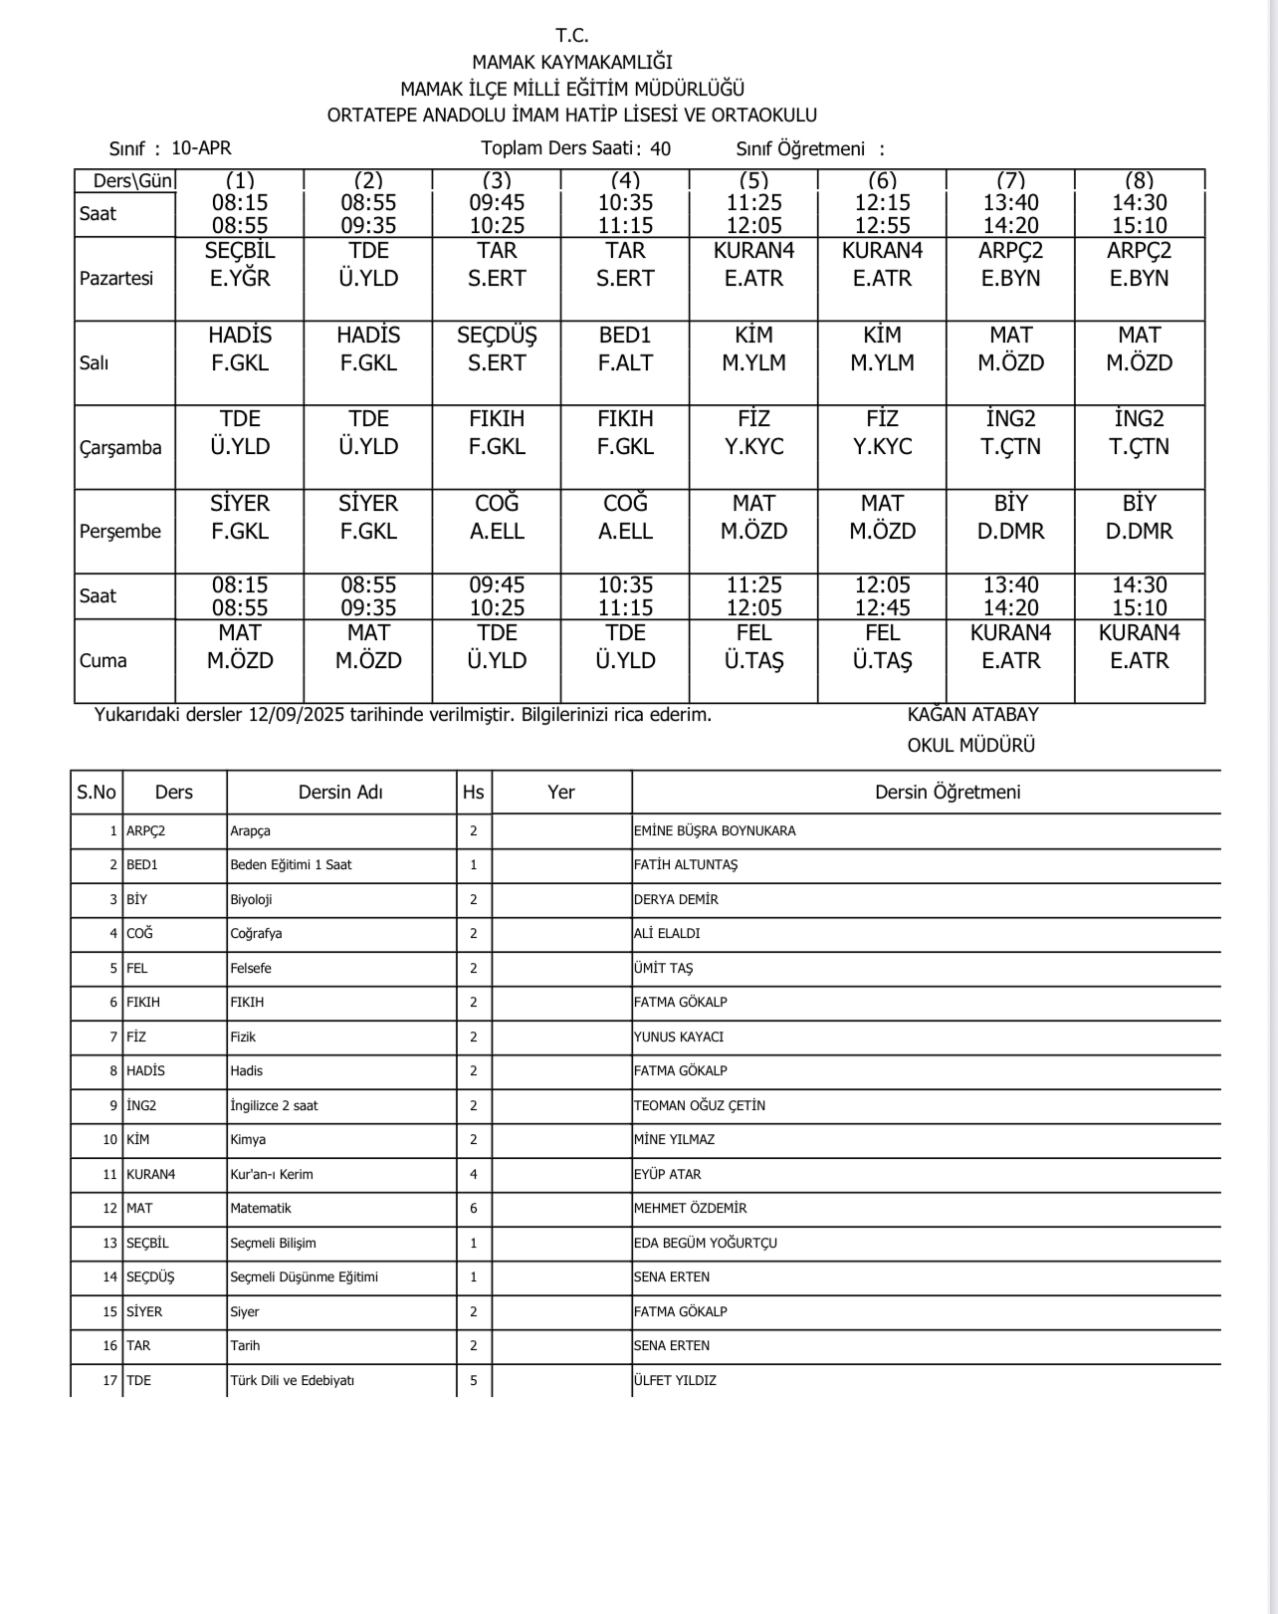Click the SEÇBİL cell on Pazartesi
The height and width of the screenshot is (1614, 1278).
click(240, 265)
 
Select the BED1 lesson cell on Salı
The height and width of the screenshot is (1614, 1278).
click(625, 349)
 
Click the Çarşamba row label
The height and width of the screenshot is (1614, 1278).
click(120, 447)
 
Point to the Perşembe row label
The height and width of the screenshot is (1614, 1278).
click(120, 531)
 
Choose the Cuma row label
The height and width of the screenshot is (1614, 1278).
click(104, 660)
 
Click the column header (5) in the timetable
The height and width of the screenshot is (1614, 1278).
click(753, 180)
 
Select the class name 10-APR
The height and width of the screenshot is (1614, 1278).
click(201, 148)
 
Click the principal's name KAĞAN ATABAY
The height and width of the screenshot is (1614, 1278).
click(972, 714)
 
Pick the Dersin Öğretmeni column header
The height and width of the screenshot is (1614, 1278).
click(948, 793)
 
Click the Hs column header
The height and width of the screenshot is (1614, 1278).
click(474, 793)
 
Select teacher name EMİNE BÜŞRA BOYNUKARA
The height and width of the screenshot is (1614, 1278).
click(715, 830)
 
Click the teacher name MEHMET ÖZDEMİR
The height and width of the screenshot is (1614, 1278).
click(690, 1208)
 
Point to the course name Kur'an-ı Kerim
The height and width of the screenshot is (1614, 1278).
click(272, 1174)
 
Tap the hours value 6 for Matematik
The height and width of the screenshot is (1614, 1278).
click(474, 1208)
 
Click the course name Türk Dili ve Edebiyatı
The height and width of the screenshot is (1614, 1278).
click(292, 1380)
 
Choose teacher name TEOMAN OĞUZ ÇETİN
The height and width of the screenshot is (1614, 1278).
click(700, 1105)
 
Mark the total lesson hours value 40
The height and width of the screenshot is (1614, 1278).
click(660, 149)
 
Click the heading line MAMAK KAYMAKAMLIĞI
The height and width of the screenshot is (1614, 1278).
click(572, 62)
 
